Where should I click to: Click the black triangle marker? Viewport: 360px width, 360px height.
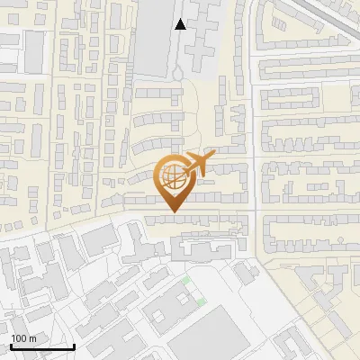181,24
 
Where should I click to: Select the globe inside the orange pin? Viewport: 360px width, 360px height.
175,178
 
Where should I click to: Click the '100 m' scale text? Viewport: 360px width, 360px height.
22,338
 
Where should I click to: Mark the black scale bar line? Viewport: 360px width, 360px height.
42,346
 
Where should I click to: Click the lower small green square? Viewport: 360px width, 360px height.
202,301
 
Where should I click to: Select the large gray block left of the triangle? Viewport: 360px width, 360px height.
153,36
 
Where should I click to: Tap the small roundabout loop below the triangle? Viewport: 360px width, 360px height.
180,69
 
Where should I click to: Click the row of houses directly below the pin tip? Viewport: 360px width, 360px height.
193,219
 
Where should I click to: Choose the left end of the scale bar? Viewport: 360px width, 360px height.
11,346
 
